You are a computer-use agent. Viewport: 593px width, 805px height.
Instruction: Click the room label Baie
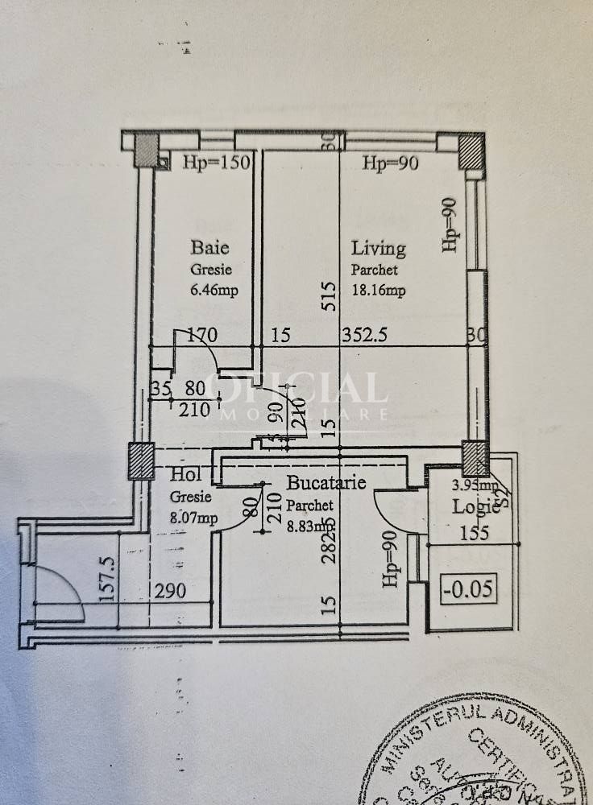(x=210, y=246)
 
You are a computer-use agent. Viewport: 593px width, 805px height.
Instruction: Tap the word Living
(x=378, y=249)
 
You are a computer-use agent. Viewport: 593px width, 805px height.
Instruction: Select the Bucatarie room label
(x=327, y=483)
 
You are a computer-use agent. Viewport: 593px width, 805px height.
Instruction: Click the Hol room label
(x=185, y=476)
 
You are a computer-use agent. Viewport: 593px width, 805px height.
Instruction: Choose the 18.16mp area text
(x=378, y=291)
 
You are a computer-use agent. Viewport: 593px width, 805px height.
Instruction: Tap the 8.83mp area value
(x=313, y=528)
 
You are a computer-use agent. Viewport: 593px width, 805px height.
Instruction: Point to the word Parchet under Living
(x=374, y=270)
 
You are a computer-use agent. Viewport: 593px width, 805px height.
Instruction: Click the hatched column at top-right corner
(x=470, y=152)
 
